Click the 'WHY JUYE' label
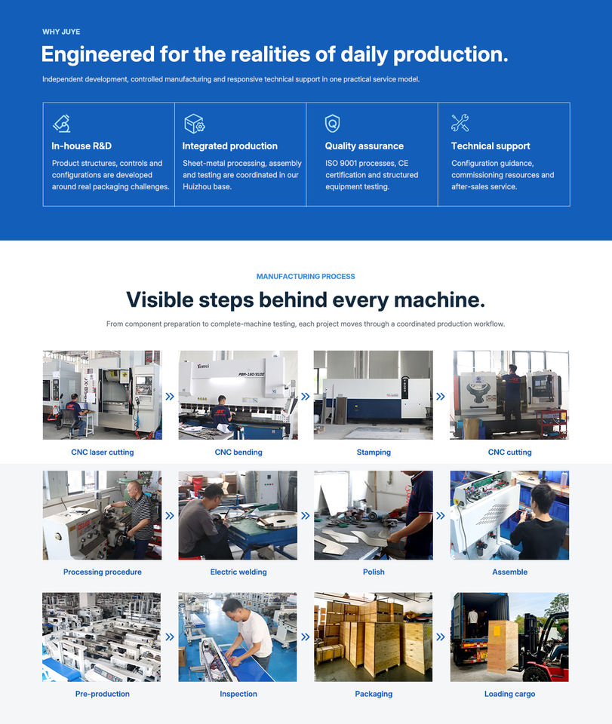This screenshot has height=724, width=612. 61,32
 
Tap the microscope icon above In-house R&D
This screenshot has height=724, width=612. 61,123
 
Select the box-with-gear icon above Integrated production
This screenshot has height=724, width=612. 194,123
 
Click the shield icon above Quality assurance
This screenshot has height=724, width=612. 332,123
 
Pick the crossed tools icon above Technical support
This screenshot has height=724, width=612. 460,123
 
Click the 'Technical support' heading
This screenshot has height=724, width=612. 491,146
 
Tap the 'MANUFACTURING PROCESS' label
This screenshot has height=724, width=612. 306,277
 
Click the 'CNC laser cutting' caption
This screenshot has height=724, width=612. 103,452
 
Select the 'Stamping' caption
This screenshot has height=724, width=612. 374,452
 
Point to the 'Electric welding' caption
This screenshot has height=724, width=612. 238,572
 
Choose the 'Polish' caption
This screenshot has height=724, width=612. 374,572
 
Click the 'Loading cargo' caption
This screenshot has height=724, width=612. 510,694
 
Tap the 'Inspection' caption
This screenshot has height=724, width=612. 238,694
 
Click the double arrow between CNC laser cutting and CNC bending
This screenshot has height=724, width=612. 170,396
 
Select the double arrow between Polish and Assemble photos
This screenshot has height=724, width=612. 441,516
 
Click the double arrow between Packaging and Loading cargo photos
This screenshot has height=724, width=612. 441,637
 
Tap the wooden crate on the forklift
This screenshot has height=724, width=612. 502,646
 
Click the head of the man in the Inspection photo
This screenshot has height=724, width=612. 232,606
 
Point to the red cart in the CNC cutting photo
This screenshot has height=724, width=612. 551,423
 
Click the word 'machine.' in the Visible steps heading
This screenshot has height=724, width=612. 440,300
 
